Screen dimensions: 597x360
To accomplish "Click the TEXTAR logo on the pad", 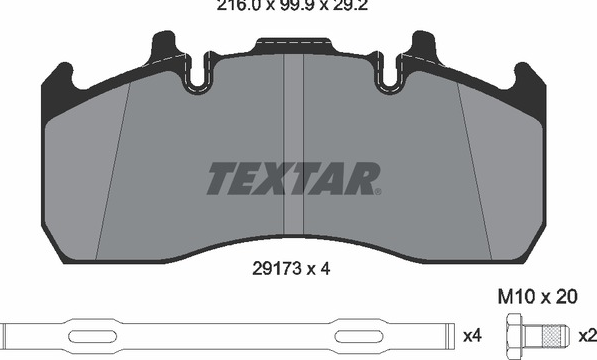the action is [293, 178].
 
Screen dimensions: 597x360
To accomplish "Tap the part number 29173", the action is [277, 269].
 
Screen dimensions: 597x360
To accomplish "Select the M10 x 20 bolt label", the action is [538, 297].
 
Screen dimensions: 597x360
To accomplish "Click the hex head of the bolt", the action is [515, 335].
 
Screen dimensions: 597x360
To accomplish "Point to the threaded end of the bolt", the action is [555, 336].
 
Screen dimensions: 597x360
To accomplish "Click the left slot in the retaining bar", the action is [93, 336].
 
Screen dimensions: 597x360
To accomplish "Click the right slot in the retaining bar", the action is [359, 336].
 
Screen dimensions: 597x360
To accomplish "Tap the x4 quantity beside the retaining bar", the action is [472, 336].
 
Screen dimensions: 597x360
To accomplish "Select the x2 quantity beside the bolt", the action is [587, 336].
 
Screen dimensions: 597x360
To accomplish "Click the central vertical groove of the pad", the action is [294, 145].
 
